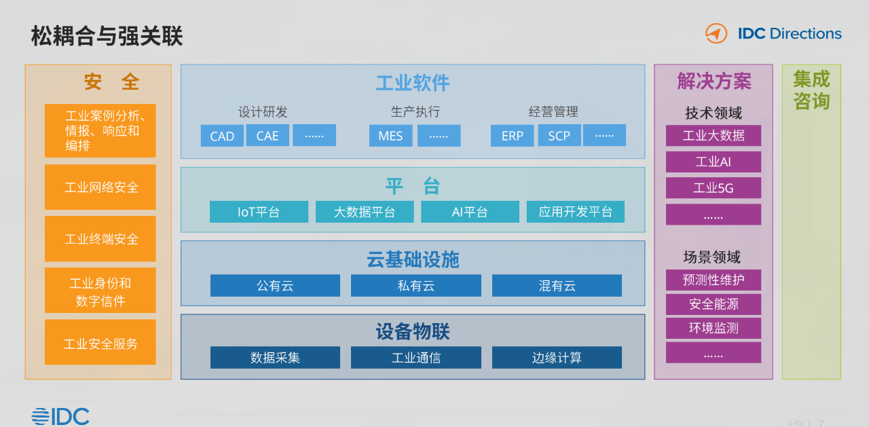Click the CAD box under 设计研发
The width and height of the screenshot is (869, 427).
222,135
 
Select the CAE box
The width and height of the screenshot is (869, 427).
267,135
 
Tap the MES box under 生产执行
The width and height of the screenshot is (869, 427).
390,135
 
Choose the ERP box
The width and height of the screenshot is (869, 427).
512,135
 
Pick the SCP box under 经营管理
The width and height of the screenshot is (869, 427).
559,135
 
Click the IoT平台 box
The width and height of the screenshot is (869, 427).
259,212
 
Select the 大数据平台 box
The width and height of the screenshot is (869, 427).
365,212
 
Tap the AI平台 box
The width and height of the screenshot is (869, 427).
470,212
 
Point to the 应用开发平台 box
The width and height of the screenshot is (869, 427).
576,212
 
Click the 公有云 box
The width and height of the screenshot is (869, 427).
276,285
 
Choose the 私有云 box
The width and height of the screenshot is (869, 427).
416,285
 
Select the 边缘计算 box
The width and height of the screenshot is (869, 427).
557,357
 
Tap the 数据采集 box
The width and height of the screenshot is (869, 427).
276,357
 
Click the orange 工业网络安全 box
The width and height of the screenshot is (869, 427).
100,187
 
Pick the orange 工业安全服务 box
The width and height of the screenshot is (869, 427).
100,342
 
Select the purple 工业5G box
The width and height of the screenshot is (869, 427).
714,188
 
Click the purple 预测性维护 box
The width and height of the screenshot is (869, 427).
714,280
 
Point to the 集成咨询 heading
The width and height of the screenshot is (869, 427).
811,90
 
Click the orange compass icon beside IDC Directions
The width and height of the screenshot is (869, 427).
716,33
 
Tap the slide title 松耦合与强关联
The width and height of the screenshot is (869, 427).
107,36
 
